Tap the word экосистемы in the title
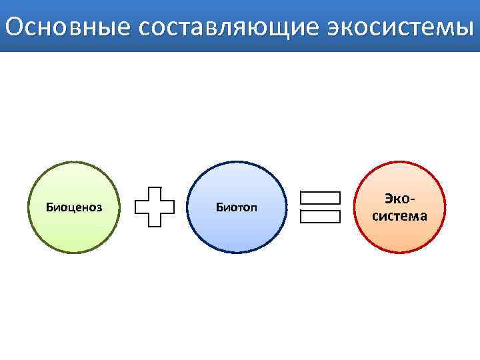[x=400, y=27]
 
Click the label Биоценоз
[x=74, y=207]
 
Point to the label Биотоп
[x=236, y=207]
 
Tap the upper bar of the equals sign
[x=320, y=198]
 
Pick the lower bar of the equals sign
[x=320, y=217]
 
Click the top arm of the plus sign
[x=155, y=192]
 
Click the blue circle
[x=236, y=233]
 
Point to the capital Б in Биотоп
[x=219, y=207]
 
